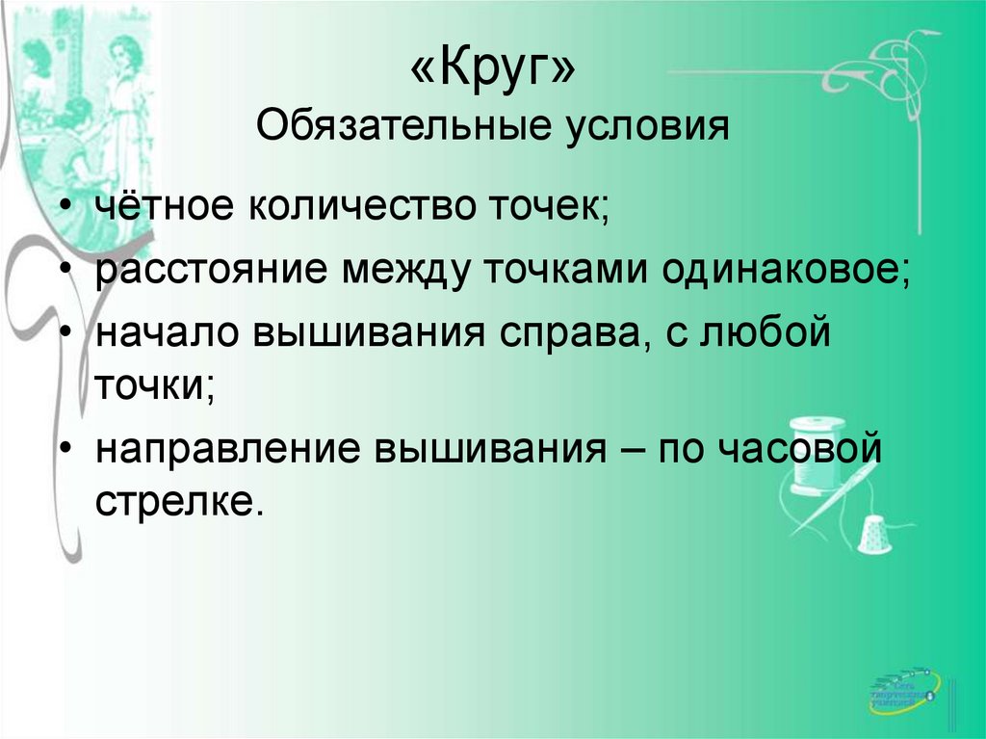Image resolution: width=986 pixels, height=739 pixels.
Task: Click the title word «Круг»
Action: (492, 70)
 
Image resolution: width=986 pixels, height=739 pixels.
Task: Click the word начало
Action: (166, 333)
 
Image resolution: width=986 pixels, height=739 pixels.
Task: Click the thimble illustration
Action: (873, 535)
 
